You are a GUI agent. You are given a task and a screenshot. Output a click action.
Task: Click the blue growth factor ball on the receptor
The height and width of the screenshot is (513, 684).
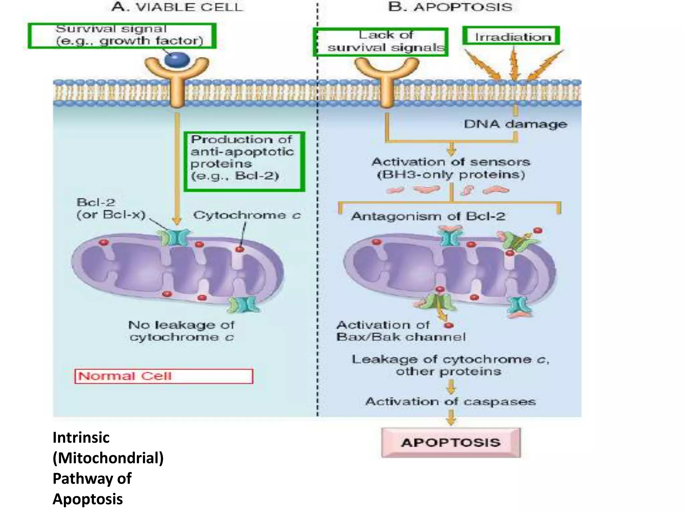(177, 60)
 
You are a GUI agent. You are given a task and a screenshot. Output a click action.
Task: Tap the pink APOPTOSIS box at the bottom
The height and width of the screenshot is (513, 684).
(451, 443)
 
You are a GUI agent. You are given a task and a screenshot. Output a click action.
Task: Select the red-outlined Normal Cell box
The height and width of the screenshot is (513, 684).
(164, 376)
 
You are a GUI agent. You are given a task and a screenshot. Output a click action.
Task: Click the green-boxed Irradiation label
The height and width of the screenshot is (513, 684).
(511, 36)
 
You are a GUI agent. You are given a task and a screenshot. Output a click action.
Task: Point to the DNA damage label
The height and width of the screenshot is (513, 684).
(515, 124)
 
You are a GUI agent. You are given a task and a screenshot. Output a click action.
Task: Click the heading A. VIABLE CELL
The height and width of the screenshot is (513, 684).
(177, 7)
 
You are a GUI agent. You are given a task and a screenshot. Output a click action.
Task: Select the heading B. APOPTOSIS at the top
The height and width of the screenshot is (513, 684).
(450, 7)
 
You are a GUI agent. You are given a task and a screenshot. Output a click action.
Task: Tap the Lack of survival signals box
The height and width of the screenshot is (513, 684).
(380, 42)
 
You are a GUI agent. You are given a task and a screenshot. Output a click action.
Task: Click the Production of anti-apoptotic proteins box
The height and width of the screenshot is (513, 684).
(244, 162)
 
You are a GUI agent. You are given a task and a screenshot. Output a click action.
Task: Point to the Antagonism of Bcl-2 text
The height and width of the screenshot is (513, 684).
(428, 216)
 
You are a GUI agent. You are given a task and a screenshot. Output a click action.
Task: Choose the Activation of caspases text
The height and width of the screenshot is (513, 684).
(451, 401)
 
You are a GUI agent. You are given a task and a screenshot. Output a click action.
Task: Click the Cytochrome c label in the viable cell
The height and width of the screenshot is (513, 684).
(247, 215)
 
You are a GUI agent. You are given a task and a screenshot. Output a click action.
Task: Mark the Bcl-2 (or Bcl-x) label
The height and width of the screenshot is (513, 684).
(111, 208)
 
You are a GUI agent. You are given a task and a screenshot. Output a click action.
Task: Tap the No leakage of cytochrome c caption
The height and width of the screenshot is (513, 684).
(181, 331)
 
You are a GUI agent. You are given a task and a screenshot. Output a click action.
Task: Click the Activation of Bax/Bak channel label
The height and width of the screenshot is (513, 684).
(401, 331)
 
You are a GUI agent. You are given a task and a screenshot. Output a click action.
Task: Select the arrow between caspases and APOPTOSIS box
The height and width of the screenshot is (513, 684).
(451, 417)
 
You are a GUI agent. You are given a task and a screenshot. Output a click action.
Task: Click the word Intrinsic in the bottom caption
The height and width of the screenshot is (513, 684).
(81, 438)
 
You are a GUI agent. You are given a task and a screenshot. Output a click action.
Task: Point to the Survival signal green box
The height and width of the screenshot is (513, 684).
(122, 36)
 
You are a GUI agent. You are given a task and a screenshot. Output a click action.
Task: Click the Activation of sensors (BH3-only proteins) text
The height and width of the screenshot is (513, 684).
(451, 168)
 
